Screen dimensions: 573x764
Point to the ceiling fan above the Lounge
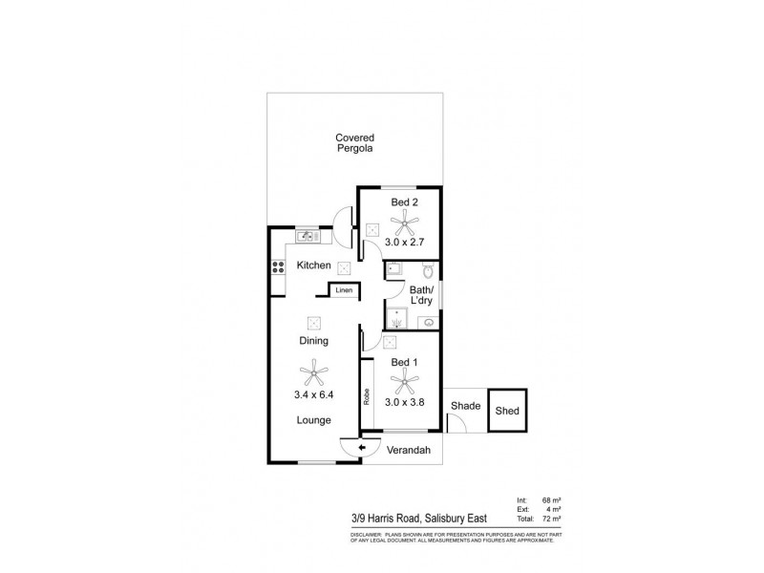(x=312, y=369)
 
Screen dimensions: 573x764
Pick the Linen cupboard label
(x=343, y=289)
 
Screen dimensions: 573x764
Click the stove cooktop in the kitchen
(x=279, y=267)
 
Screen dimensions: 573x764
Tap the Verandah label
(x=412, y=449)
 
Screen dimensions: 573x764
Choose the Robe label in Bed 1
(x=367, y=394)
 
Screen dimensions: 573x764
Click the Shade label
(x=465, y=406)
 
